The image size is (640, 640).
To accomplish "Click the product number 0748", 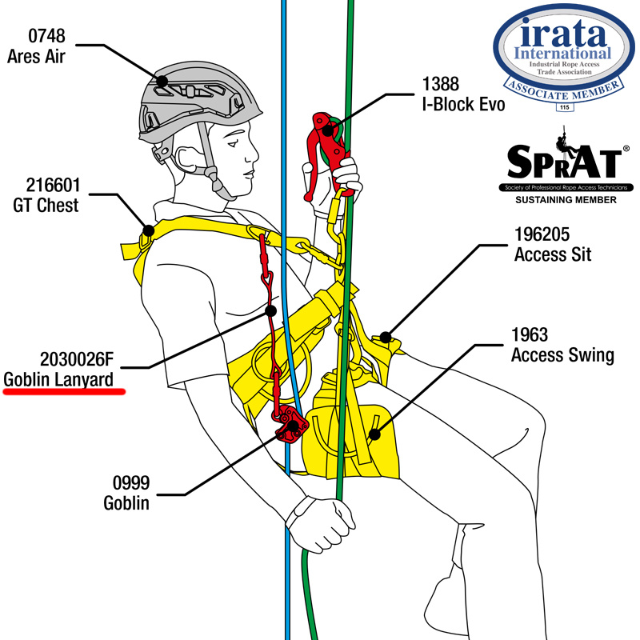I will click(x=47, y=37).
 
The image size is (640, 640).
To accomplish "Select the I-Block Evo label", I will click(x=464, y=106).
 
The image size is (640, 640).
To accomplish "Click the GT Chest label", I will click(x=45, y=206).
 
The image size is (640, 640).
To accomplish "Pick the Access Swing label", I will click(x=562, y=356).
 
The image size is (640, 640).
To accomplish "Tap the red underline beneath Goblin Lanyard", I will click(x=64, y=392).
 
